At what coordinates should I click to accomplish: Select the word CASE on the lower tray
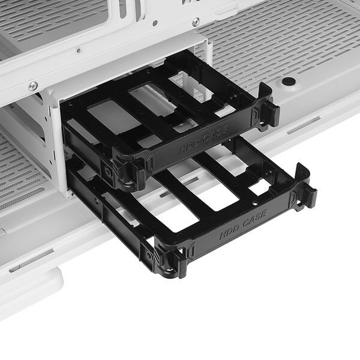(x=255, y=218)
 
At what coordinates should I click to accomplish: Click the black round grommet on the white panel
(x=289, y=81)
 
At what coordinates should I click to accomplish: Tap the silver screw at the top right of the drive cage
(x=196, y=22)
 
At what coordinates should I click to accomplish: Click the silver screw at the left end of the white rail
(x=33, y=86)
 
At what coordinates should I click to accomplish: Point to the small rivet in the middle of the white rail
(x=79, y=50)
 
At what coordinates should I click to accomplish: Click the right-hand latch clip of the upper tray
(x=269, y=110)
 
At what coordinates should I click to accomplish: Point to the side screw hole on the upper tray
(x=107, y=172)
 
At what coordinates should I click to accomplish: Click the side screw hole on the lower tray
(x=149, y=254)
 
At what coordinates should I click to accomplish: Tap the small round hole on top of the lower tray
(x=254, y=203)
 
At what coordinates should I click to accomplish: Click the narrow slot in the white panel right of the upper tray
(x=303, y=125)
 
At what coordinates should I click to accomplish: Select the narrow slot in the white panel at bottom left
(x=31, y=261)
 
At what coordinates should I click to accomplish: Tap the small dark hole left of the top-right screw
(x=155, y=23)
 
